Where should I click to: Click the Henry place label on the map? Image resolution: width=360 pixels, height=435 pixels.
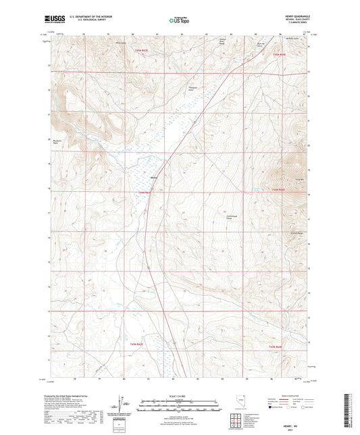[154, 178]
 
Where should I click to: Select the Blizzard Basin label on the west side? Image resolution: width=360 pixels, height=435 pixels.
[58, 143]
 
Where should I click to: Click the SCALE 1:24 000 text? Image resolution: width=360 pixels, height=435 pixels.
[180, 396]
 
